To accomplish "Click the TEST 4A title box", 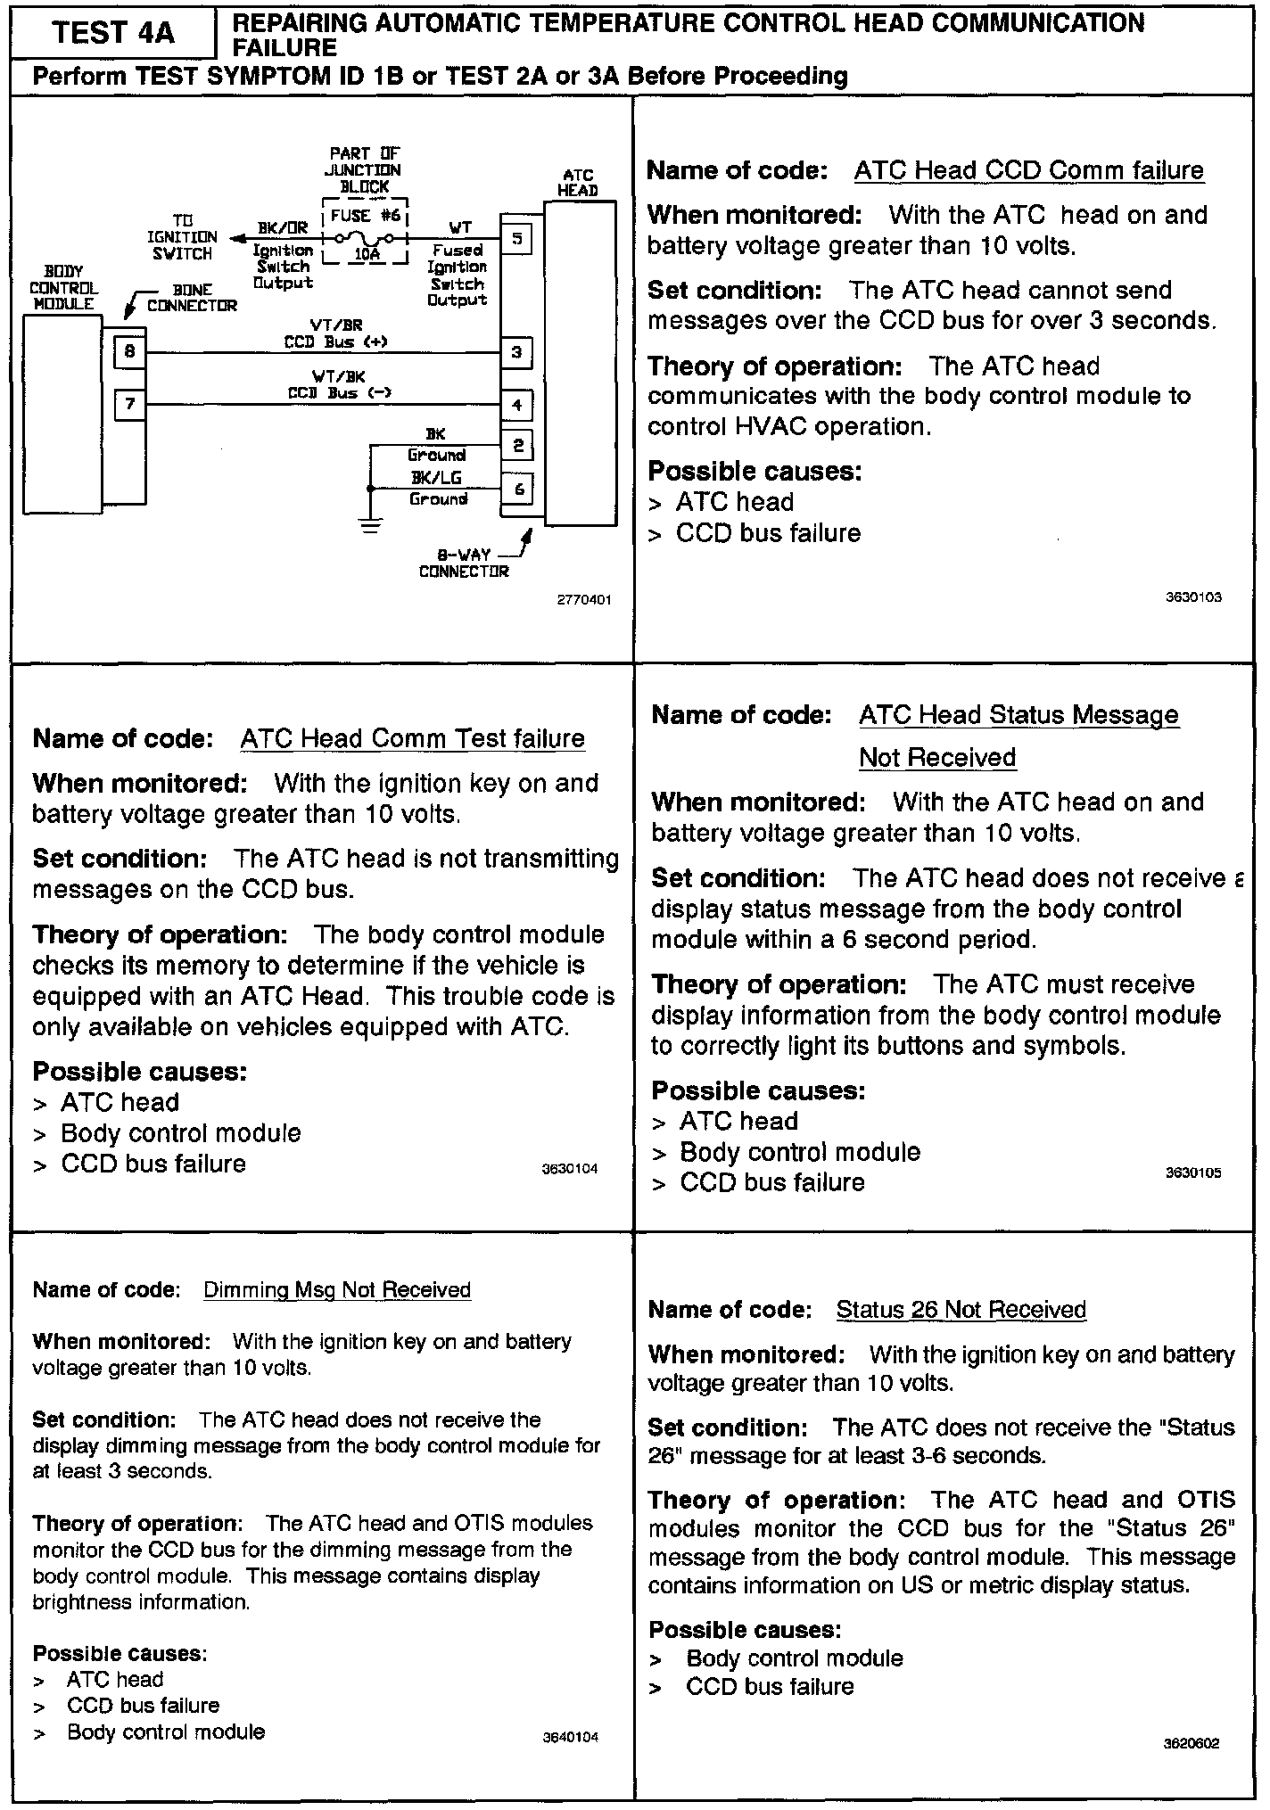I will (x=113, y=33).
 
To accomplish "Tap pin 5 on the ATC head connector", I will (x=517, y=239).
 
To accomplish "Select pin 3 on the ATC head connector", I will (x=517, y=352).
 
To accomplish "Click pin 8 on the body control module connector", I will (x=130, y=352).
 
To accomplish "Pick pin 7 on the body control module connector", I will (x=130, y=405).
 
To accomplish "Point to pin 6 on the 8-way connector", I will (x=518, y=489).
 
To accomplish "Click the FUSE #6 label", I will (x=365, y=216).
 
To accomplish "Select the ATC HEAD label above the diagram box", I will (x=578, y=183).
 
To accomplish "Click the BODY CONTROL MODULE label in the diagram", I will (x=63, y=287).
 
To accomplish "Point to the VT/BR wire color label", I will (x=336, y=325).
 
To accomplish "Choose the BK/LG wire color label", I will (x=436, y=478).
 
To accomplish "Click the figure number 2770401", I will (x=584, y=600).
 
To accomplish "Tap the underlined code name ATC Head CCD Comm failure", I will (x=1028, y=170).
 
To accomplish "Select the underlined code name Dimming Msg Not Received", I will (x=337, y=1289).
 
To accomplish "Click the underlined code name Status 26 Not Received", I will (x=961, y=1309).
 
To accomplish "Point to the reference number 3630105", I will (x=1193, y=1172).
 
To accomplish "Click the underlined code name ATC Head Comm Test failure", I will (x=412, y=738).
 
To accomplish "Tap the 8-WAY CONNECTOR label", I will (x=463, y=564).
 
